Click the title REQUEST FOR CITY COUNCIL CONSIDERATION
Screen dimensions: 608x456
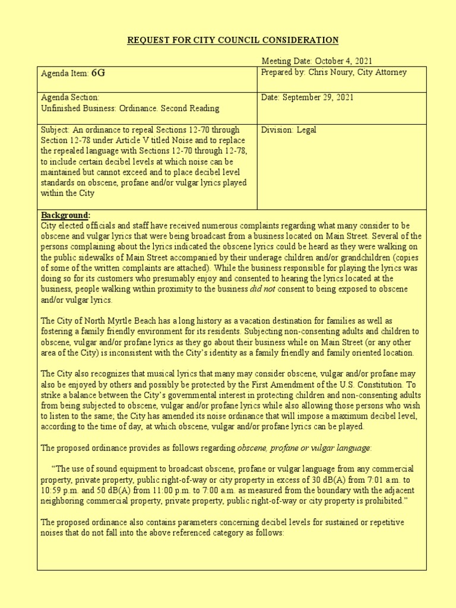pos(233,40)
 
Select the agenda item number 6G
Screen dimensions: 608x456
pos(98,73)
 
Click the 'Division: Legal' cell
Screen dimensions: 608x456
pos(286,129)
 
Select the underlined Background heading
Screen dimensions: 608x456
pos(65,214)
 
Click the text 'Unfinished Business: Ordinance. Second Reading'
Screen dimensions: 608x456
pos(129,108)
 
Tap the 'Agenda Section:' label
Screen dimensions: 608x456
pos(70,97)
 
